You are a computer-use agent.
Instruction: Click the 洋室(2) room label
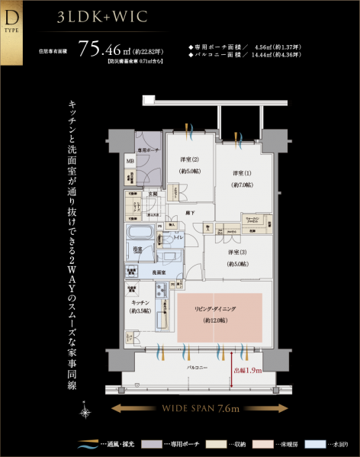pos(191,163)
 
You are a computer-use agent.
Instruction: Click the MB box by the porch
pos(130,162)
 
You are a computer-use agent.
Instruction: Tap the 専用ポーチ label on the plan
pos(147,150)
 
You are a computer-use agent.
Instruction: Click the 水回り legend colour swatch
pos(315,443)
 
